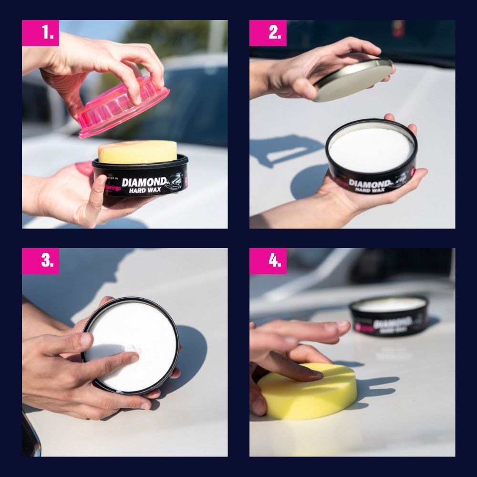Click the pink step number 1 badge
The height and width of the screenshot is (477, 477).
[x=41, y=33]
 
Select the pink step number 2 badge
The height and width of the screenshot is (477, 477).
[x=268, y=33]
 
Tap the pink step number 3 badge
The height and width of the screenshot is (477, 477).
[x=41, y=261]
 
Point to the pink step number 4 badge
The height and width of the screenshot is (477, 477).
[x=268, y=261]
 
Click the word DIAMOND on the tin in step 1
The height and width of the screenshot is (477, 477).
[x=144, y=182]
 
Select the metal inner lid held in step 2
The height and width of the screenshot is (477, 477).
[x=353, y=80]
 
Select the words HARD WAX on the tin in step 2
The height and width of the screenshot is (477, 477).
[x=370, y=190]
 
